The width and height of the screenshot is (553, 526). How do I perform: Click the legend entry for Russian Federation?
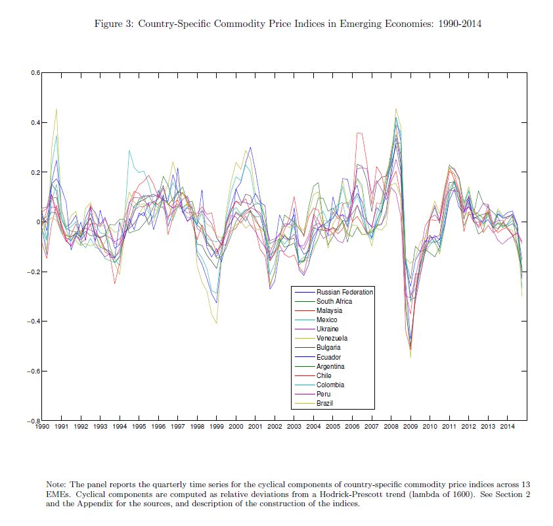(344, 292)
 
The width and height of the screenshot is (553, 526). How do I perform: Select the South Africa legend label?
(334, 301)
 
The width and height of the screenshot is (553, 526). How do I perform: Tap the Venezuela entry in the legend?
(332, 338)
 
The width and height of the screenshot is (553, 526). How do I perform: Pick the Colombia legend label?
(330, 385)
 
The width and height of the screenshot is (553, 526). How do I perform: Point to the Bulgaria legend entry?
(328, 347)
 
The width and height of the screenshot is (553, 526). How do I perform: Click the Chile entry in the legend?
(324, 375)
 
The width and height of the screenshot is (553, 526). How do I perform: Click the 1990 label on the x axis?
(41, 427)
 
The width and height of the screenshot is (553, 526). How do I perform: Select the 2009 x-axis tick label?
(410, 427)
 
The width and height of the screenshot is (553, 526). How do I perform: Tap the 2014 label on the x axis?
(508, 427)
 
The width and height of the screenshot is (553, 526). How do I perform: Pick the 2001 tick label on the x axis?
(255, 427)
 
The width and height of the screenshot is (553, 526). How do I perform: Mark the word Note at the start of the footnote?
(55, 484)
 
